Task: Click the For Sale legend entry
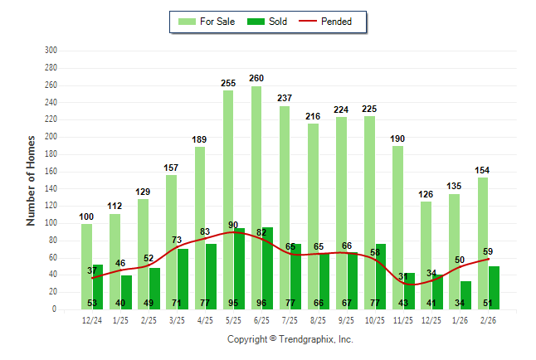coord(209,22)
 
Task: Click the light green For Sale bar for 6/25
coord(256,166)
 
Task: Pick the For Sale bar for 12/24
coord(86,265)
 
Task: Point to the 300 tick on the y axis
coord(51,51)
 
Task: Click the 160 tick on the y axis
coord(51,172)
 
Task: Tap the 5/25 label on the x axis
coord(234,319)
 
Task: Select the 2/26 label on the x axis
coord(489,319)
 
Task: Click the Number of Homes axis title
coord(31,180)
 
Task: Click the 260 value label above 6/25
coord(256,79)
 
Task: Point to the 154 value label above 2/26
coord(483,170)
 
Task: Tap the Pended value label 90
coord(234,225)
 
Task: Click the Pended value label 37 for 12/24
coord(93,270)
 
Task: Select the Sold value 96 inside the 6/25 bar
coord(262,303)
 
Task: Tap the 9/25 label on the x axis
coord(347,319)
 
